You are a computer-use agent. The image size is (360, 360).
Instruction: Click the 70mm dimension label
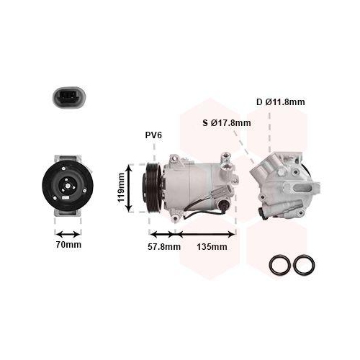point(69,245)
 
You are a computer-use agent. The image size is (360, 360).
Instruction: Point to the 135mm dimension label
point(211,247)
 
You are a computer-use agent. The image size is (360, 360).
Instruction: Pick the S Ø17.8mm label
point(226,122)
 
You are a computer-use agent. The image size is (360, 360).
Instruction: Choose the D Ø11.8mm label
point(280,102)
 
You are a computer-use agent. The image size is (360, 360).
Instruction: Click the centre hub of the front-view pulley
point(68,189)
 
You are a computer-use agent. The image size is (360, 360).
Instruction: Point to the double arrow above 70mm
point(69,233)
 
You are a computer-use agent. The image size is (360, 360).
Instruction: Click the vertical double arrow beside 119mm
point(130,188)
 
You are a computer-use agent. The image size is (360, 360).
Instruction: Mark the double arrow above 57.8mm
point(163,233)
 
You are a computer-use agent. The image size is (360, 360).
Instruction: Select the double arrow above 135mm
point(206,233)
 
